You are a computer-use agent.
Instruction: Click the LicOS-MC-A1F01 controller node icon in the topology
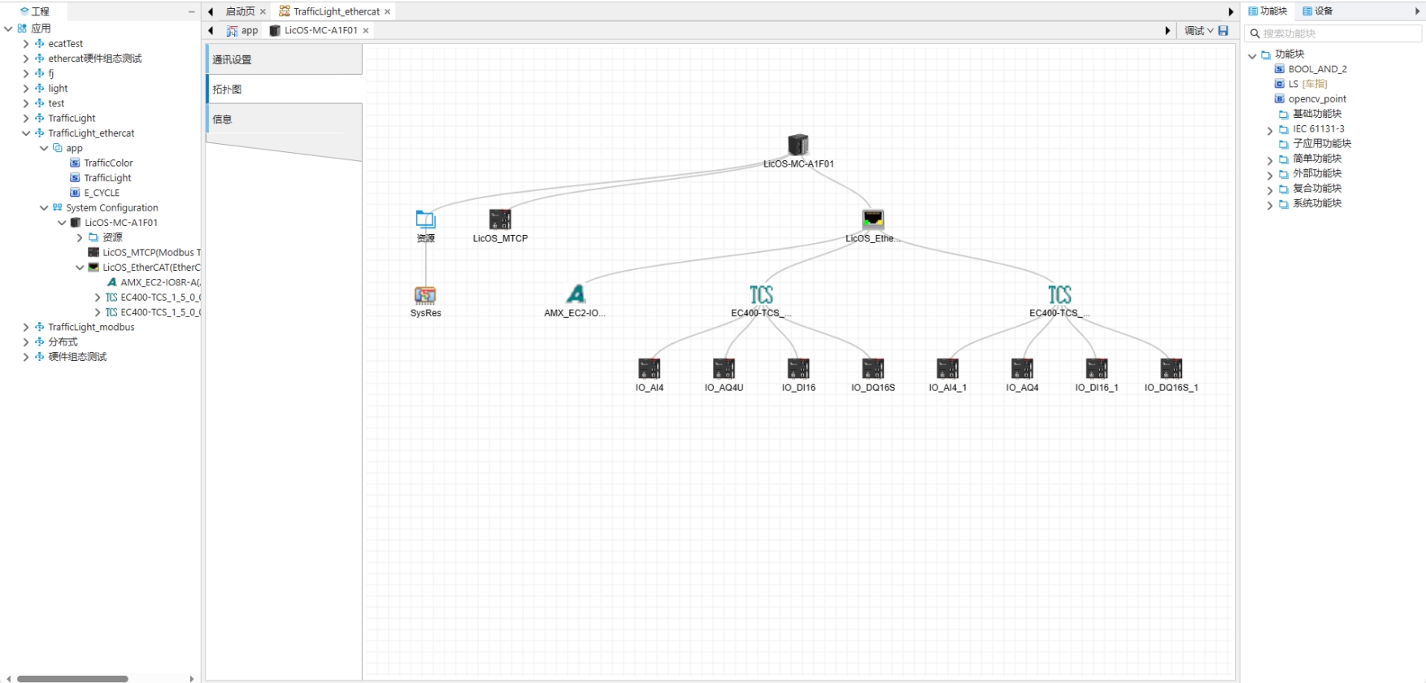point(798,145)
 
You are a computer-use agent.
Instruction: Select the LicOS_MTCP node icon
point(500,220)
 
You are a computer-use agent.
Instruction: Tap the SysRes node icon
point(425,295)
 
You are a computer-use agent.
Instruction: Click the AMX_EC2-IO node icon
point(576,294)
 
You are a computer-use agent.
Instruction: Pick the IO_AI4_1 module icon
point(947,369)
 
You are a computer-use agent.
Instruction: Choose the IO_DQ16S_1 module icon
point(1171,369)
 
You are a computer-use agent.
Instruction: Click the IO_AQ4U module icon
point(724,369)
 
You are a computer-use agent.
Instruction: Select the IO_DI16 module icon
point(798,369)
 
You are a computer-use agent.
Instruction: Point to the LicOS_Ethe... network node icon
point(872,220)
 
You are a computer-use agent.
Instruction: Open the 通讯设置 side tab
point(283,59)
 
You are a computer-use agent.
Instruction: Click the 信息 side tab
point(283,120)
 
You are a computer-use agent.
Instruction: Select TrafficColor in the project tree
point(108,163)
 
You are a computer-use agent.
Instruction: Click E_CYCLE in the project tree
point(102,193)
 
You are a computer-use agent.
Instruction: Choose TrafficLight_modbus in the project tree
point(91,327)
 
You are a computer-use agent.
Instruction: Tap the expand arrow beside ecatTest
point(26,44)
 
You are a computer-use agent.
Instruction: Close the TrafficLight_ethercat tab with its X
point(388,11)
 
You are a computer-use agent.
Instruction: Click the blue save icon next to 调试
point(1223,31)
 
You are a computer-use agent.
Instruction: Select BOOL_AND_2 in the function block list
point(1317,69)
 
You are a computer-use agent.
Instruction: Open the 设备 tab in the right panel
point(1318,11)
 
